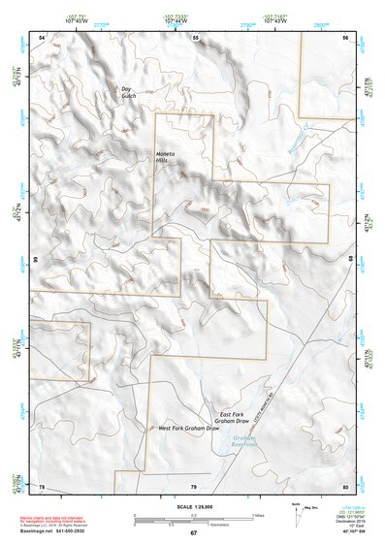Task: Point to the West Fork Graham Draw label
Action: pos(188,428)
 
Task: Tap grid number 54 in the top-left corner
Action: pos(42,37)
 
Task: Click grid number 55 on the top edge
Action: pos(194,37)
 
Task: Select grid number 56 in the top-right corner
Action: pos(344,37)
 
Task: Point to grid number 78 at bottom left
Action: pos(42,485)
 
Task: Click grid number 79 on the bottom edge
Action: pos(194,485)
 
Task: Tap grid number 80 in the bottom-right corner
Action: pos(344,485)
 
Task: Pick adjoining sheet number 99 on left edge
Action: pos(34,261)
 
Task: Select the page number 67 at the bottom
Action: pos(193,533)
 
